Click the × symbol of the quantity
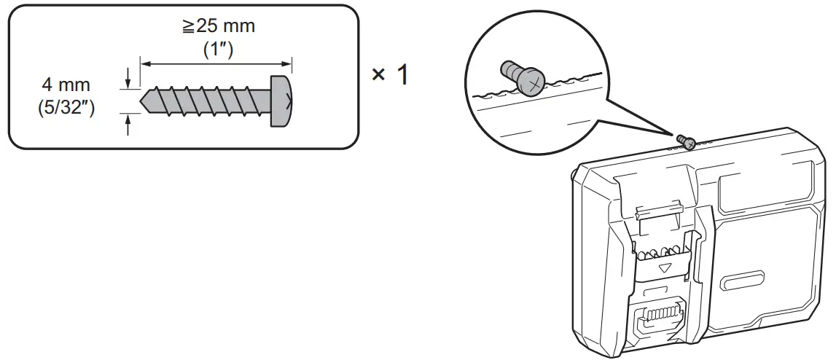pos(379,75)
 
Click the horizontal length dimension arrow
pos(216,63)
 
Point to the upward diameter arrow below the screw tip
pos(128,125)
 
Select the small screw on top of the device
pos(684,140)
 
